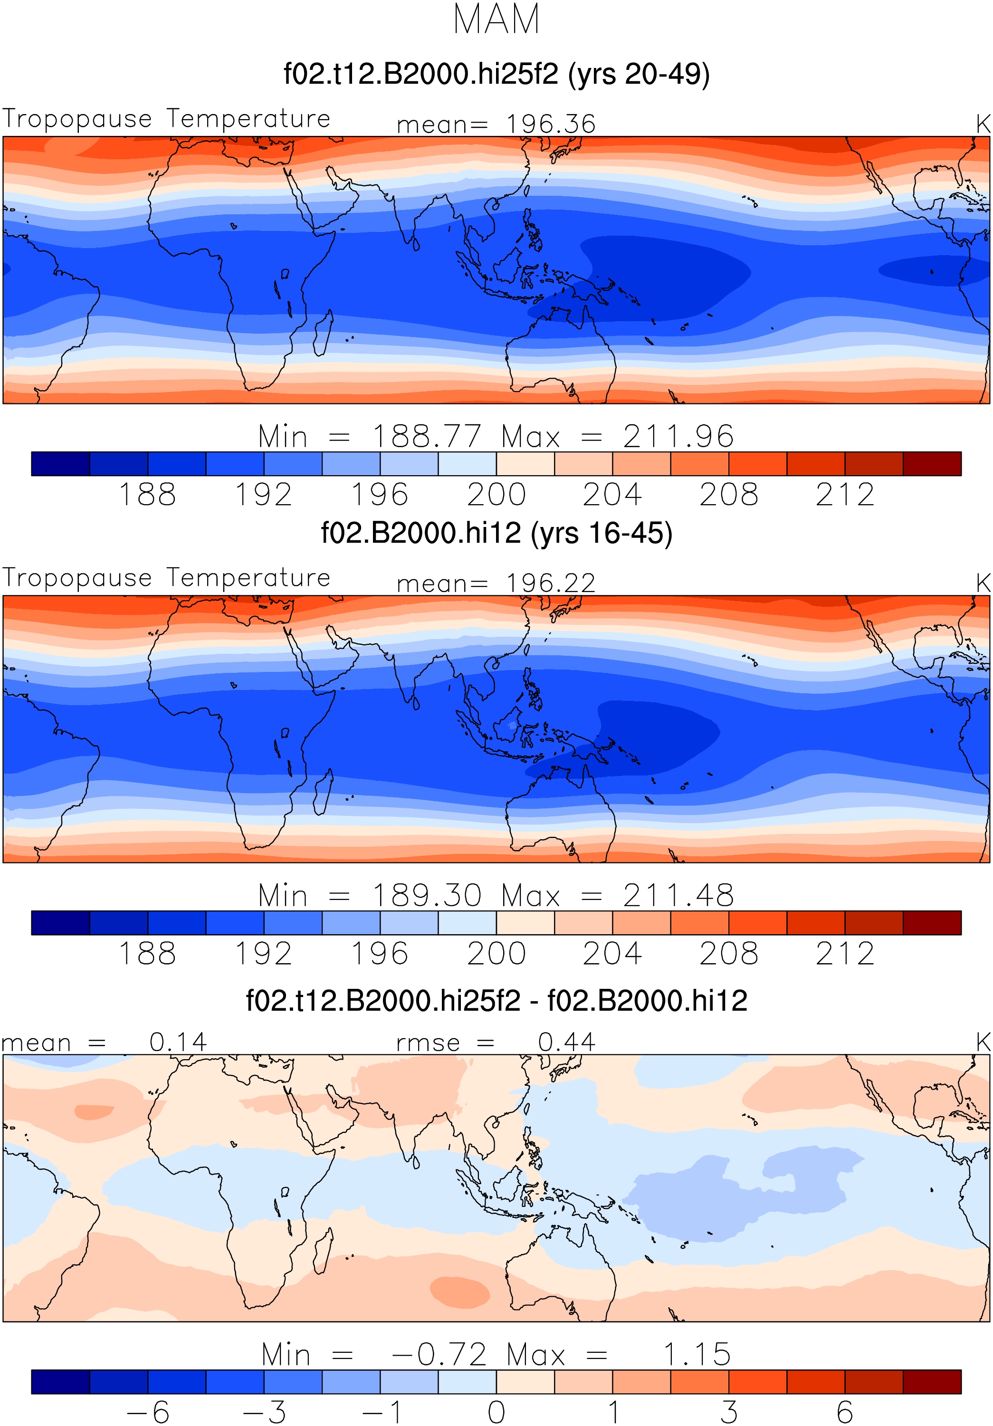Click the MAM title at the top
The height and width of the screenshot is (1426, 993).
496,19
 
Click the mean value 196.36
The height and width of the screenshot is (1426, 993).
551,124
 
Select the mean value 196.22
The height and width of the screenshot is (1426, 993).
551,583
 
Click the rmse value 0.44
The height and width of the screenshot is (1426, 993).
566,1042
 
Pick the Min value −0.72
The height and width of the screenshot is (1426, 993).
439,1355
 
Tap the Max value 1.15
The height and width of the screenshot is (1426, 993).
697,1355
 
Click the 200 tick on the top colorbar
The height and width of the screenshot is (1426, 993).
496,495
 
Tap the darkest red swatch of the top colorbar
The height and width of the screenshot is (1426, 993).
932,464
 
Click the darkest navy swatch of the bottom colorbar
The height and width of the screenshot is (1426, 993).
61,1381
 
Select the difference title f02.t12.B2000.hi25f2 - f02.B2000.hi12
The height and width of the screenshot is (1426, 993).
496,1001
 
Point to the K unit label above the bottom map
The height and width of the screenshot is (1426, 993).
983,1042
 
